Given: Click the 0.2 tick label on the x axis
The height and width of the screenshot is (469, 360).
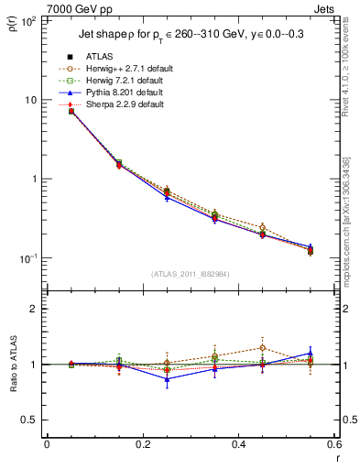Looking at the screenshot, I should point(142,444).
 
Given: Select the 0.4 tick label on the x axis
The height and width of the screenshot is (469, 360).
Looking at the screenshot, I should point(238,444).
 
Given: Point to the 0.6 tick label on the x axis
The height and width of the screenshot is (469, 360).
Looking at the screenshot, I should point(333,444).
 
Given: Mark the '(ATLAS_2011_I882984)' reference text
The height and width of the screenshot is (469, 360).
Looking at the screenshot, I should point(191,274).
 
